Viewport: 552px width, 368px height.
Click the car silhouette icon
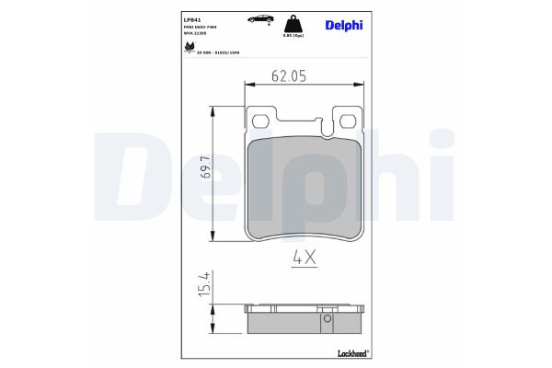(x=259, y=17)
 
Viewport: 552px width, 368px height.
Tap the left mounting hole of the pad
(x=260, y=121)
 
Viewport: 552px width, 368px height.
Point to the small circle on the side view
(x=326, y=321)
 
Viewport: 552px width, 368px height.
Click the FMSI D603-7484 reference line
(x=212, y=28)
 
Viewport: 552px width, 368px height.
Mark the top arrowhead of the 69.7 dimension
(x=215, y=108)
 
